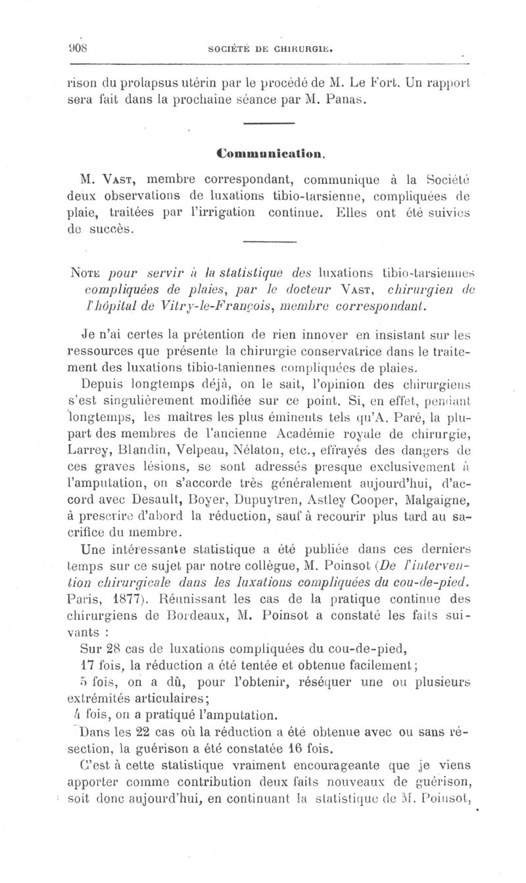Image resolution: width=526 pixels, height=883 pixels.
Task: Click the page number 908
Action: click(79, 47)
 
